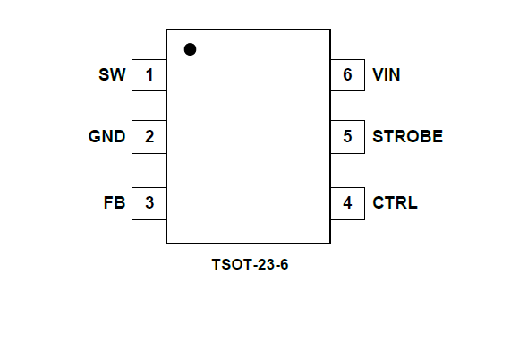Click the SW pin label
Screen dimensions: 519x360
point(112,74)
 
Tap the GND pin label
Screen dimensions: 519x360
point(106,136)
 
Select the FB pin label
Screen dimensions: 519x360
point(115,202)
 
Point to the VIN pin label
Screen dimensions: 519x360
point(387,74)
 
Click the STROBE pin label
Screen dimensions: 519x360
point(407,136)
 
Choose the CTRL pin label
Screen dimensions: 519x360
point(395,202)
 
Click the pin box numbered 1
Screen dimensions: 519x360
point(149,75)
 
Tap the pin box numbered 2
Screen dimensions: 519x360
point(149,137)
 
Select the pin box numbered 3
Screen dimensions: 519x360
point(149,203)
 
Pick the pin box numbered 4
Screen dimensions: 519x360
point(347,203)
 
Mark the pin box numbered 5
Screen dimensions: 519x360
point(347,137)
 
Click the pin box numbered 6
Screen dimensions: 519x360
point(347,75)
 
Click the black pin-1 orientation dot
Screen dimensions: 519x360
point(190,49)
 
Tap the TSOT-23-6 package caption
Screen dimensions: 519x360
point(250,264)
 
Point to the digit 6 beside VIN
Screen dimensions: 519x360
point(347,74)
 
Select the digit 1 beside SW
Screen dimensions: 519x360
point(149,75)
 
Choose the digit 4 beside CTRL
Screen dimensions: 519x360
point(347,202)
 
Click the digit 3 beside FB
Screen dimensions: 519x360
point(149,202)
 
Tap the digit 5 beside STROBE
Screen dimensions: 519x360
point(347,136)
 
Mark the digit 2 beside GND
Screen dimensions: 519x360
point(149,136)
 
